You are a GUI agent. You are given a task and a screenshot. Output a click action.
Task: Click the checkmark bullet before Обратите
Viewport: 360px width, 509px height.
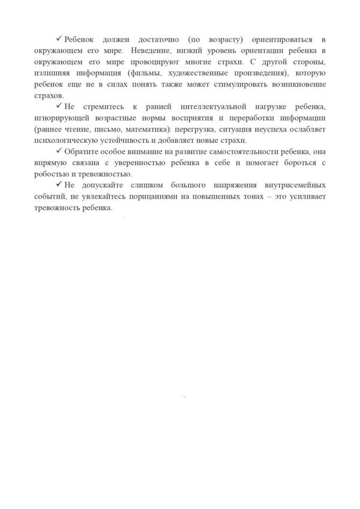tap(58, 152)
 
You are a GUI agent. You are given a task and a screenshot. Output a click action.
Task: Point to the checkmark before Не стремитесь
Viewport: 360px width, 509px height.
tap(58, 106)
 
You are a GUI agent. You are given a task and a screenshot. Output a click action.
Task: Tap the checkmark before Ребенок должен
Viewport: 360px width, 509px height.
tap(58, 38)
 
